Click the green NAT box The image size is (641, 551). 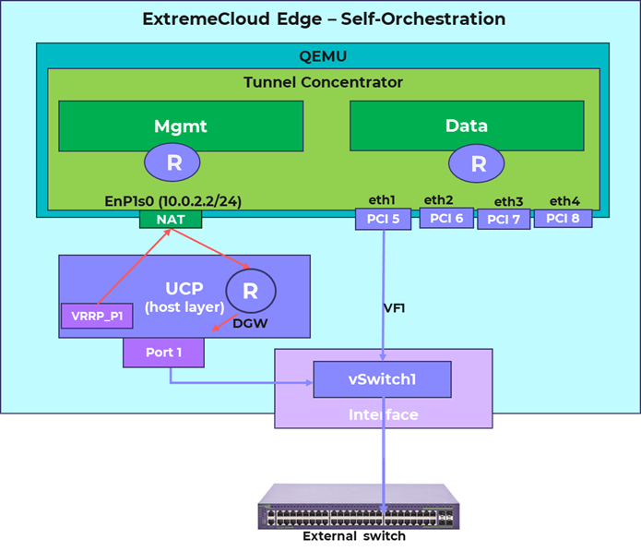pyautogui.click(x=171, y=220)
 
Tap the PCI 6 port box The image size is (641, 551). pyautogui.click(x=446, y=218)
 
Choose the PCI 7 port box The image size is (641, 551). pyautogui.click(x=504, y=220)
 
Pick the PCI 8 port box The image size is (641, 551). pyautogui.click(x=563, y=218)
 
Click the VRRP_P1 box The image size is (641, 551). pyautogui.click(x=97, y=315)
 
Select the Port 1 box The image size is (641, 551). pyautogui.click(x=164, y=352)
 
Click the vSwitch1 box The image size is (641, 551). pyautogui.click(x=382, y=379)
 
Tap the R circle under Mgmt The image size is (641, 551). pyautogui.click(x=173, y=163)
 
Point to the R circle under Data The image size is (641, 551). pyautogui.click(x=478, y=163)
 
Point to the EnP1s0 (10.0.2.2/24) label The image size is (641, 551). pyautogui.click(x=173, y=202)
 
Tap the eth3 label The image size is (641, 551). pyautogui.click(x=508, y=201)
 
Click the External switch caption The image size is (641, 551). pyautogui.click(x=354, y=536)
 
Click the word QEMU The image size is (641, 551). pyautogui.click(x=322, y=54)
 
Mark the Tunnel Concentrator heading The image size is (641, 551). pyautogui.click(x=323, y=82)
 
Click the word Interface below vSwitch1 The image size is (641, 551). pyautogui.click(x=383, y=414)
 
